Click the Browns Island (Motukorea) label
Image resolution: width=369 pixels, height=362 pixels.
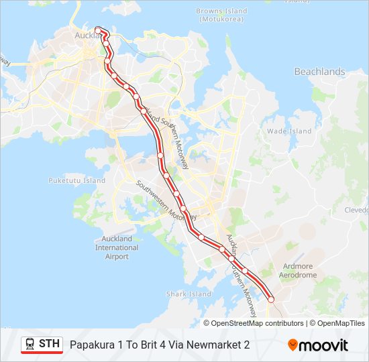(x=221, y=15)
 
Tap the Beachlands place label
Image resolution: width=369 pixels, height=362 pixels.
(x=319, y=72)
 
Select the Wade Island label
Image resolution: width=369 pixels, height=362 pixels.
(x=289, y=131)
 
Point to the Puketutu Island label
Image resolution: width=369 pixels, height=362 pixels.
(x=76, y=181)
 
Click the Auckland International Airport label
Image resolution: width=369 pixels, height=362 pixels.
(x=116, y=247)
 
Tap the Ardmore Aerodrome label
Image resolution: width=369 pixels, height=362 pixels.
(x=299, y=270)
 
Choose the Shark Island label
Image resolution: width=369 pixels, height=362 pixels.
(x=189, y=294)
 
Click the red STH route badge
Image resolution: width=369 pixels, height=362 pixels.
(x=42, y=345)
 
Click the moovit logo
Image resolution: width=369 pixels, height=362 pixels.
(x=318, y=345)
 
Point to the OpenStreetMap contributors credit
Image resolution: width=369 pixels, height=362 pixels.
(x=257, y=323)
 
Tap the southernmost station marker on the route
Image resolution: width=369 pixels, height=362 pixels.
(x=271, y=300)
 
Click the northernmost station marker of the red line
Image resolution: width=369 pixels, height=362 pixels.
(x=98, y=29)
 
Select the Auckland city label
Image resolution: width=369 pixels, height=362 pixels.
(x=86, y=35)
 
